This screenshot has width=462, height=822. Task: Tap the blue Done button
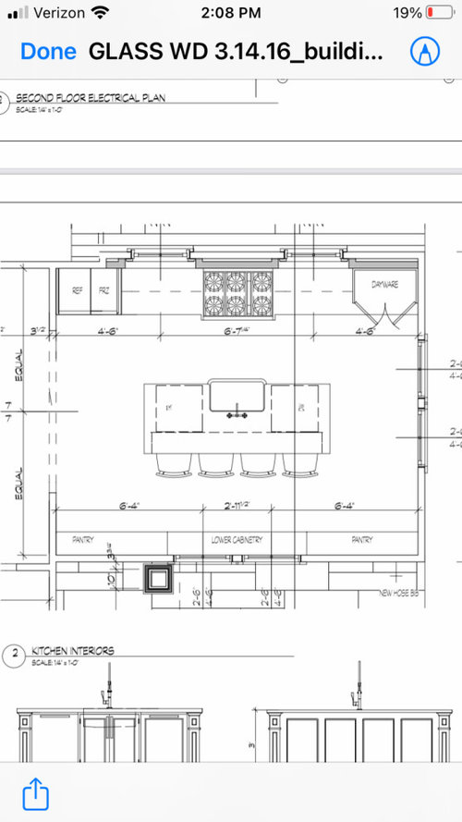48,51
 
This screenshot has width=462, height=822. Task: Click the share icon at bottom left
34,793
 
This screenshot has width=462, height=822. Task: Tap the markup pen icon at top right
424,51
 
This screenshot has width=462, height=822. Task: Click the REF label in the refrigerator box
77,290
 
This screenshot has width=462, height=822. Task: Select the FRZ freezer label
104,290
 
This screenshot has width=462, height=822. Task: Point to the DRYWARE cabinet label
384,285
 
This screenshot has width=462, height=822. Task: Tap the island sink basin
237,397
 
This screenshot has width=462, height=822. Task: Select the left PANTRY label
84,539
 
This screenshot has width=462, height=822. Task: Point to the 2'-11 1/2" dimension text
237,506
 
